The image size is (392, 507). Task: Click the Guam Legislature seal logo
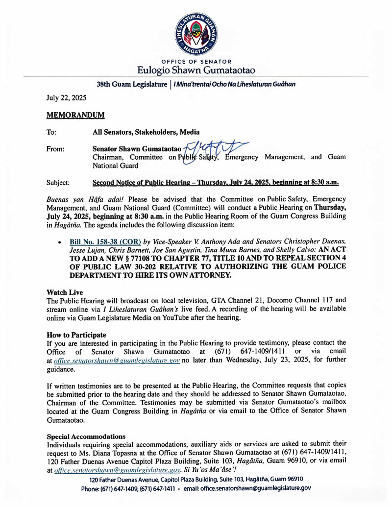click(196, 32)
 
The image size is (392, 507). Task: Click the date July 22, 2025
click(66, 97)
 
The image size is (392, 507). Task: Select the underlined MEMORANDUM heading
click(75, 115)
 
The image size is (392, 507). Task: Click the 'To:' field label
click(51, 132)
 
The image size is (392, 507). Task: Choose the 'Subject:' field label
click(58, 183)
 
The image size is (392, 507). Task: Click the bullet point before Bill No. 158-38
click(59, 242)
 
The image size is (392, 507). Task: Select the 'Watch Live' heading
click(65, 292)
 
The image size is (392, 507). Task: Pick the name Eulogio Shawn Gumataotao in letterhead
click(196, 70)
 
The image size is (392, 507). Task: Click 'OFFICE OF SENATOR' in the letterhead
click(196, 61)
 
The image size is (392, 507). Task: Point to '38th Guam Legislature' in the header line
click(131, 84)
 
